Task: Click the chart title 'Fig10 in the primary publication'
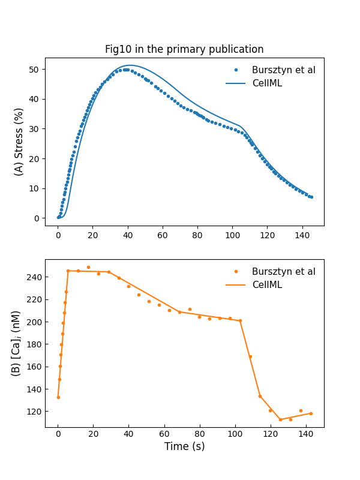click(x=184, y=49)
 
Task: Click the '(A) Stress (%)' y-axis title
click(x=19, y=142)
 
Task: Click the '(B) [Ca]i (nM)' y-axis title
click(x=16, y=343)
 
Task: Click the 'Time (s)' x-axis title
click(x=184, y=446)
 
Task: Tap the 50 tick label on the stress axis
click(x=34, y=70)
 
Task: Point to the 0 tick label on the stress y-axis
click(x=37, y=218)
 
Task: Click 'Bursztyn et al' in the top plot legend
click(x=283, y=70)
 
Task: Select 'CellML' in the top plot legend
click(x=266, y=83)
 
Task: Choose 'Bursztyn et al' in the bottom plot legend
click(x=283, y=272)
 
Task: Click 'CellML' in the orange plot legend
click(x=266, y=285)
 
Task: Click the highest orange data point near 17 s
click(x=88, y=268)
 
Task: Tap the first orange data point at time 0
click(x=58, y=397)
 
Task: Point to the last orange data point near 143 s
click(x=311, y=413)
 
